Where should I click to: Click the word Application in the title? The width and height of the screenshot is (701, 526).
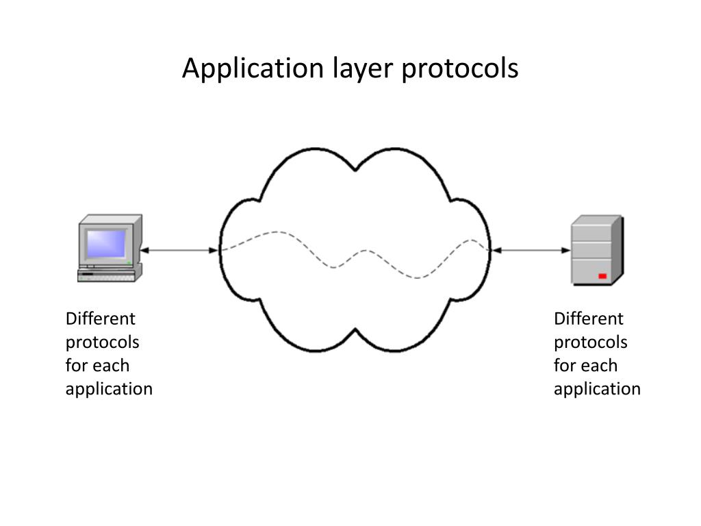(x=252, y=70)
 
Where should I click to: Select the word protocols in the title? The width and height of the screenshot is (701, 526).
(x=460, y=68)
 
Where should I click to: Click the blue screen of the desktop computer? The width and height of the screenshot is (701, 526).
(x=106, y=243)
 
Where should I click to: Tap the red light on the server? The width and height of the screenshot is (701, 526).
(x=602, y=276)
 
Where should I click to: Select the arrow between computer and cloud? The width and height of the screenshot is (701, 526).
(x=179, y=251)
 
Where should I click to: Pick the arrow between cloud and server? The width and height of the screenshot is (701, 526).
(x=531, y=251)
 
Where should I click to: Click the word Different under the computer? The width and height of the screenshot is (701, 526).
(x=101, y=319)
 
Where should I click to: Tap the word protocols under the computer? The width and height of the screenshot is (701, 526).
(x=103, y=342)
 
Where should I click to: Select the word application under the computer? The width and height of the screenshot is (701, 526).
(x=109, y=389)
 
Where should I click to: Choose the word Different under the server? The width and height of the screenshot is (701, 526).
(x=589, y=319)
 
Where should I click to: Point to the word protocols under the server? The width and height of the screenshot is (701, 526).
(x=591, y=342)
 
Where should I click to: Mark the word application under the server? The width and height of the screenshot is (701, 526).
(x=597, y=389)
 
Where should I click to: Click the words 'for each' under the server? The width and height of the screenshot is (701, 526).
(x=585, y=366)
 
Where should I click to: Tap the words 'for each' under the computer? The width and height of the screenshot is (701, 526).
(x=97, y=366)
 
